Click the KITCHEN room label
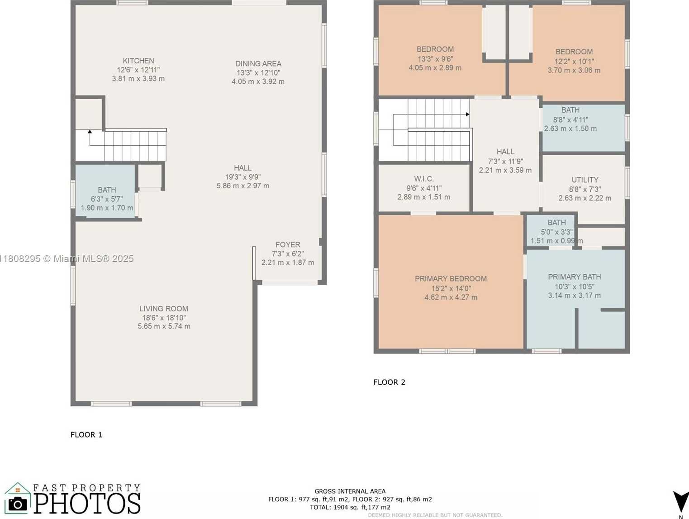click(138, 61)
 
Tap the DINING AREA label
click(258, 64)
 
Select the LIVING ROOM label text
click(164, 309)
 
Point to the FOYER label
click(288, 245)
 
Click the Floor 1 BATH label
click(107, 190)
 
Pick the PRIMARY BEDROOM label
click(451, 279)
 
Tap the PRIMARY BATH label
click(574, 277)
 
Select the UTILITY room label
click(584, 180)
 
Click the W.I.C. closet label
click(423, 179)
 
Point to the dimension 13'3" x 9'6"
click(435, 59)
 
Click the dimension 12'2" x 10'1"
click(574, 61)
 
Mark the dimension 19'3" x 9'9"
click(243, 177)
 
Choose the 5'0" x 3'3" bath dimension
click(556, 232)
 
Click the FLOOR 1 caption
click(86, 435)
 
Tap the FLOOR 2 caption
click(389, 382)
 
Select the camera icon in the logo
click(18, 504)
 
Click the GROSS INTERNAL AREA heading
click(350, 491)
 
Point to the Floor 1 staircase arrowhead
click(90, 132)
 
